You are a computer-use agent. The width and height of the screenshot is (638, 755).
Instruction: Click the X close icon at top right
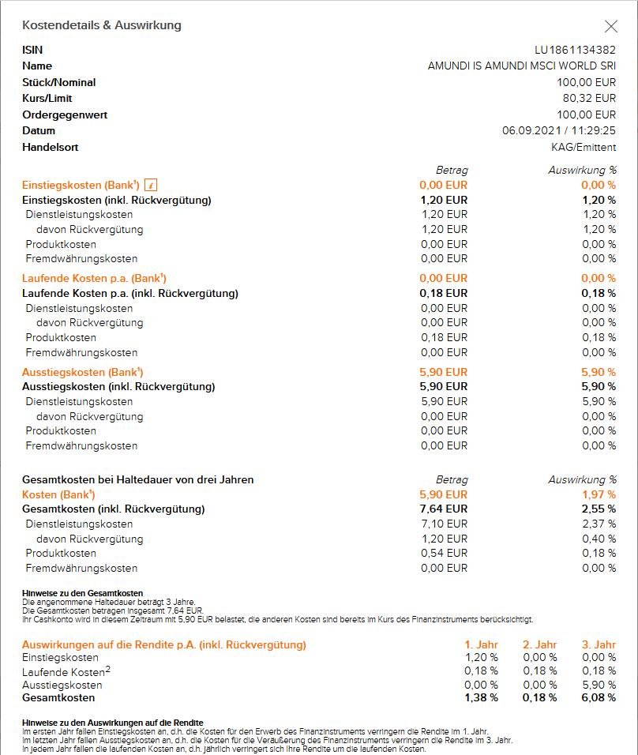[x=610, y=26]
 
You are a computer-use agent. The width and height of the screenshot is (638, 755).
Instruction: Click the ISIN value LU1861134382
[x=575, y=50]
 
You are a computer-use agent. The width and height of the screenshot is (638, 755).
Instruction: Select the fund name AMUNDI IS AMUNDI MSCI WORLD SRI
[x=521, y=66]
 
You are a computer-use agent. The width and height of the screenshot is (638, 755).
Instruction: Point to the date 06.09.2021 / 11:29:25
[x=559, y=130]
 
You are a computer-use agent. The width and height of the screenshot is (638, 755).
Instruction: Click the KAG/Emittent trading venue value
[x=584, y=147]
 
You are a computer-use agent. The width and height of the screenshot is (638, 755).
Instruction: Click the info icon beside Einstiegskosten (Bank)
[x=152, y=185]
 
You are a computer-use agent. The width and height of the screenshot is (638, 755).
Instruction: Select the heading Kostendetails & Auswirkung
[x=102, y=25]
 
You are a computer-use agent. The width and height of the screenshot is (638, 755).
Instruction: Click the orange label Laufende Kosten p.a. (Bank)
[x=94, y=278]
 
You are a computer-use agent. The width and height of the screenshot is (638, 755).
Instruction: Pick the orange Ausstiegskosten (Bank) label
[x=82, y=372]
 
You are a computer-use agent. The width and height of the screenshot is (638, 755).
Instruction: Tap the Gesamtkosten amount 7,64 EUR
[x=444, y=509]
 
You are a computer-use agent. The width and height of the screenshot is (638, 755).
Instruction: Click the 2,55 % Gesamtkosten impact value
[x=599, y=509]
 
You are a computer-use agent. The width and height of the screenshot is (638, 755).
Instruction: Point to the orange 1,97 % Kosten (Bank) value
[x=599, y=494]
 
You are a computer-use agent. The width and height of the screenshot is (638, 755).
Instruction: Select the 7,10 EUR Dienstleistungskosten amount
[x=444, y=524]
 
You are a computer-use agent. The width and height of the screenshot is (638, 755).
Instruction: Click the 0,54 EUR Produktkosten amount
[x=444, y=553]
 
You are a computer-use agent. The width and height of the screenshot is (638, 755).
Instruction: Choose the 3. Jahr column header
[x=598, y=644]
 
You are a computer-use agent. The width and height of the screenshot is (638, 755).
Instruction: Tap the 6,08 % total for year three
[x=598, y=697]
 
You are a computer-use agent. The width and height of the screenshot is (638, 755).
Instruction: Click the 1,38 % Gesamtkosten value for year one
[x=481, y=697]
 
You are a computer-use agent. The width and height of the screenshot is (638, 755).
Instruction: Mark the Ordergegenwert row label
[x=65, y=115]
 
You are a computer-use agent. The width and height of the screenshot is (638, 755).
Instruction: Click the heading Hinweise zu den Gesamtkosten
[x=82, y=593]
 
